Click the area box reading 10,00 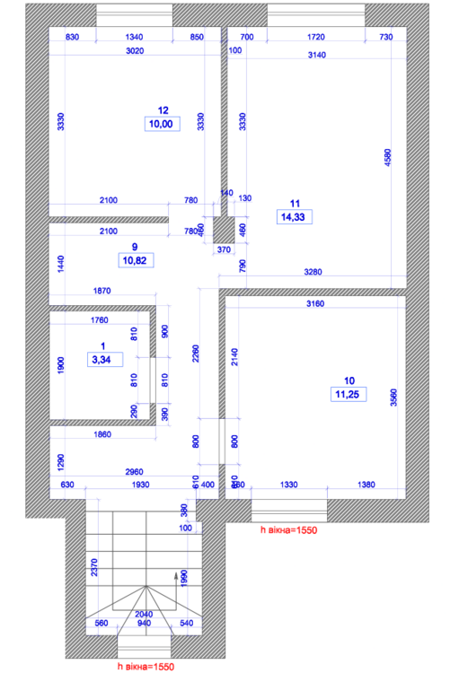pyautogui.click(x=163, y=125)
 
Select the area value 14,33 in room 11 pyautogui.click(x=293, y=216)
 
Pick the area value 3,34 pyautogui.click(x=102, y=359)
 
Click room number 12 pyautogui.click(x=163, y=111)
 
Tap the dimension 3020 pyautogui.click(x=133, y=51)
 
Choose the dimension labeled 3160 pyautogui.click(x=314, y=303)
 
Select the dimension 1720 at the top pyautogui.click(x=315, y=37)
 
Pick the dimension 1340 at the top pyautogui.click(x=133, y=37)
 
